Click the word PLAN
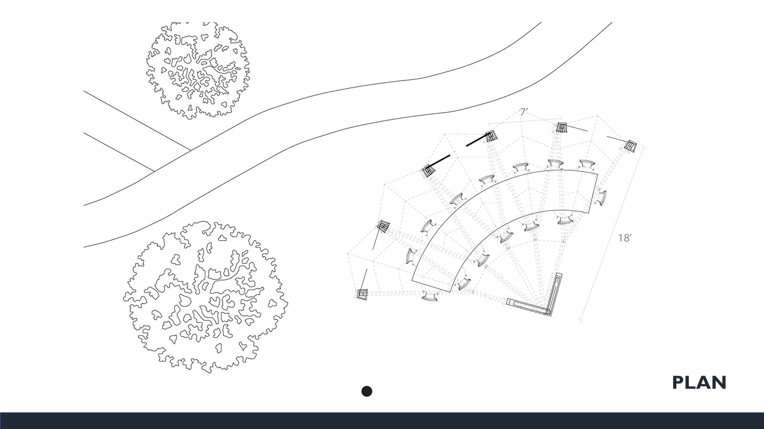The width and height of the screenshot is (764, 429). [x=699, y=383]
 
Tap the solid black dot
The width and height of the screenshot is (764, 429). [x=366, y=391]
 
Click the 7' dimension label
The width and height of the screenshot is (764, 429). [x=524, y=112]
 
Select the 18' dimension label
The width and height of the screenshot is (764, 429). [x=624, y=238]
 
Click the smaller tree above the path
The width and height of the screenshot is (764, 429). [x=198, y=70]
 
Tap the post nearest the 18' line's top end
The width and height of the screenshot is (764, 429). [x=630, y=146]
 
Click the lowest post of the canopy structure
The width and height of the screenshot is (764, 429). [x=362, y=294]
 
